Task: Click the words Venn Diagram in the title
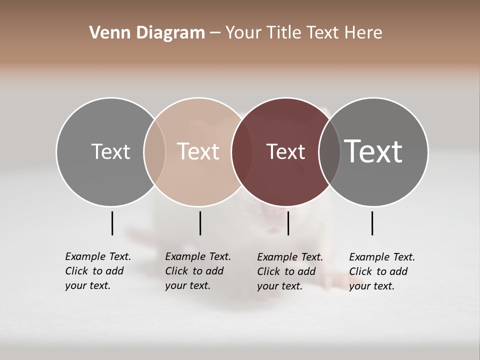[147, 33]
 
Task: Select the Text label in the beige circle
[198, 151]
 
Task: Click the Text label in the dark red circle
[285, 151]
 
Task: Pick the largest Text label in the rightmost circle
[373, 151]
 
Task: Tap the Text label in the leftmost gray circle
[110, 151]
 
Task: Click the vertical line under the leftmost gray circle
[112, 223]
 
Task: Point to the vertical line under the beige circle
[200, 223]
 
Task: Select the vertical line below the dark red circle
[288, 223]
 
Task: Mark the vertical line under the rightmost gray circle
[372, 223]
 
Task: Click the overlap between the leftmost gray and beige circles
[154, 151]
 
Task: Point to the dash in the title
[215, 33]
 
